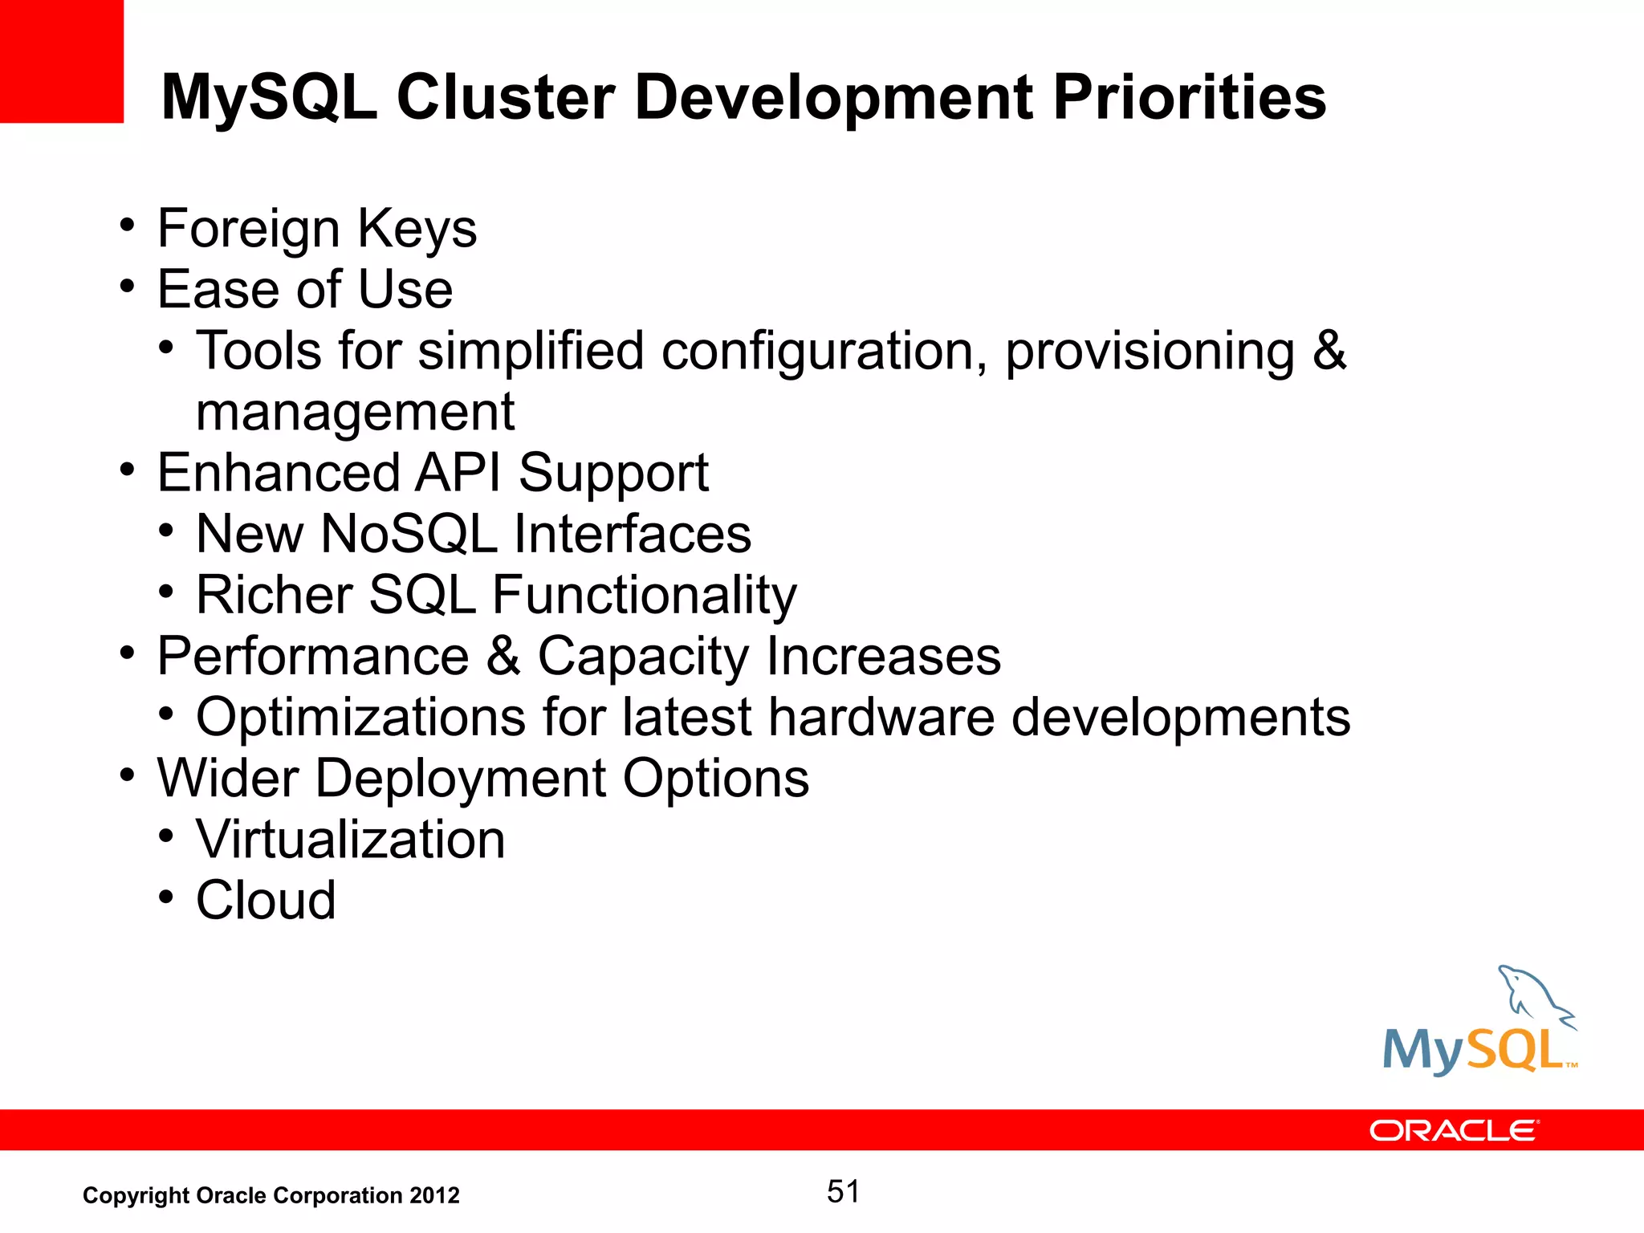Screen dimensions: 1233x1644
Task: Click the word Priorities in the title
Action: [x=1189, y=98]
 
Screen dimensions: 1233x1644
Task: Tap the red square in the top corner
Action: [x=61, y=61]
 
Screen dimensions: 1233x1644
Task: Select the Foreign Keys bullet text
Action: [x=316, y=229]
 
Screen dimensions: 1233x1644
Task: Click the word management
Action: [x=355, y=413]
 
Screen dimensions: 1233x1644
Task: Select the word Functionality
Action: [x=644, y=596]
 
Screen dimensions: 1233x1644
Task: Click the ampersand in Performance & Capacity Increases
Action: [x=503, y=656]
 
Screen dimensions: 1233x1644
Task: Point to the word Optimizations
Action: [x=360, y=717]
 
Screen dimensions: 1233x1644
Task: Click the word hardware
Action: [x=881, y=717]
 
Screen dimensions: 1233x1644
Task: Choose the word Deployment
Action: [x=460, y=778]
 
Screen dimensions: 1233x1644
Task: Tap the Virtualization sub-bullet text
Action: [x=350, y=840]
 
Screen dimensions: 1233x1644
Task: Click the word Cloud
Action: [x=266, y=900]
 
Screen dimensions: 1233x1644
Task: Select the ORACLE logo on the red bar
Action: [x=1454, y=1130]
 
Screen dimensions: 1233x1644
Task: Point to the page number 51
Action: [x=843, y=1191]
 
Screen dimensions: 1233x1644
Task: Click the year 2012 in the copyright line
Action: [x=434, y=1195]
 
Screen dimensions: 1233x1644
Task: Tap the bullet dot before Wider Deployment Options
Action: [x=127, y=775]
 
